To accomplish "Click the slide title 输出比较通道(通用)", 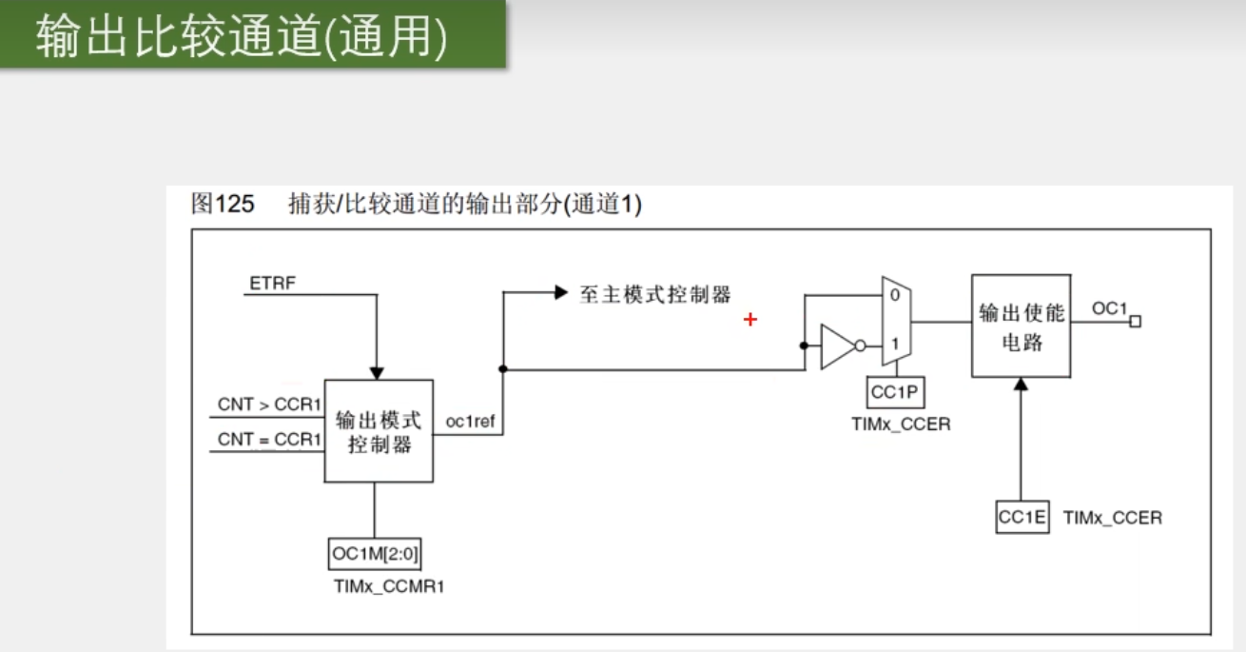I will [242, 38].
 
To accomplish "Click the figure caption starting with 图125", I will [416, 204].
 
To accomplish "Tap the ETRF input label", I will [272, 283].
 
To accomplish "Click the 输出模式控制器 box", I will [379, 431].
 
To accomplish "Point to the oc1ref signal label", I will [470, 422].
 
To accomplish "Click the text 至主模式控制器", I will [655, 294].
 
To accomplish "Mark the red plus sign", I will [750, 320].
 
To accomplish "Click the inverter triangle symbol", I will [838, 346].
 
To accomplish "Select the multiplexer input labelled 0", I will [893, 296].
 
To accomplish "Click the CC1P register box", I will [896, 391].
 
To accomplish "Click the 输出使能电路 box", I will [1021, 326].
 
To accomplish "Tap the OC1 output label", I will [1108, 308].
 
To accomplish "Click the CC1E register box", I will [1022, 518].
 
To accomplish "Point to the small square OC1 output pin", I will [1135, 322].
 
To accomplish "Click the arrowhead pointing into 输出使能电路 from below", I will [1021, 385].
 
